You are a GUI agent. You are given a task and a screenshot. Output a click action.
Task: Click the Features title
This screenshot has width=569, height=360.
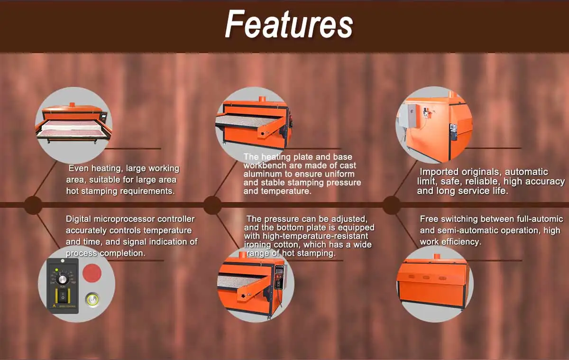tap(289, 24)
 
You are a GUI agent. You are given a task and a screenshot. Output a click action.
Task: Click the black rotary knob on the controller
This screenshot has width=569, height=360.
tap(62, 280)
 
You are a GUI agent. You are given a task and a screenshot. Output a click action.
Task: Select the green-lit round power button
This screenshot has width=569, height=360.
tap(92, 299)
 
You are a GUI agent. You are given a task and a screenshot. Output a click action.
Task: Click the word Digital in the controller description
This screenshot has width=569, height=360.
tap(79, 219)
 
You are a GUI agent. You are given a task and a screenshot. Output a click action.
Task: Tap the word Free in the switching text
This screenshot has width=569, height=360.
tap(429, 219)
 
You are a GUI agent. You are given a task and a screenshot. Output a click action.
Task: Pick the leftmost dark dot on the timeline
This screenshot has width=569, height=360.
tap(33, 205)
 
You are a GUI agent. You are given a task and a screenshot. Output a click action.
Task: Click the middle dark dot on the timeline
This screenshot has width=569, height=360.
tap(212, 205)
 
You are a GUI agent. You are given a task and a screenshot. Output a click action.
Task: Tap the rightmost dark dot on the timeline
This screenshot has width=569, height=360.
tap(392, 205)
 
